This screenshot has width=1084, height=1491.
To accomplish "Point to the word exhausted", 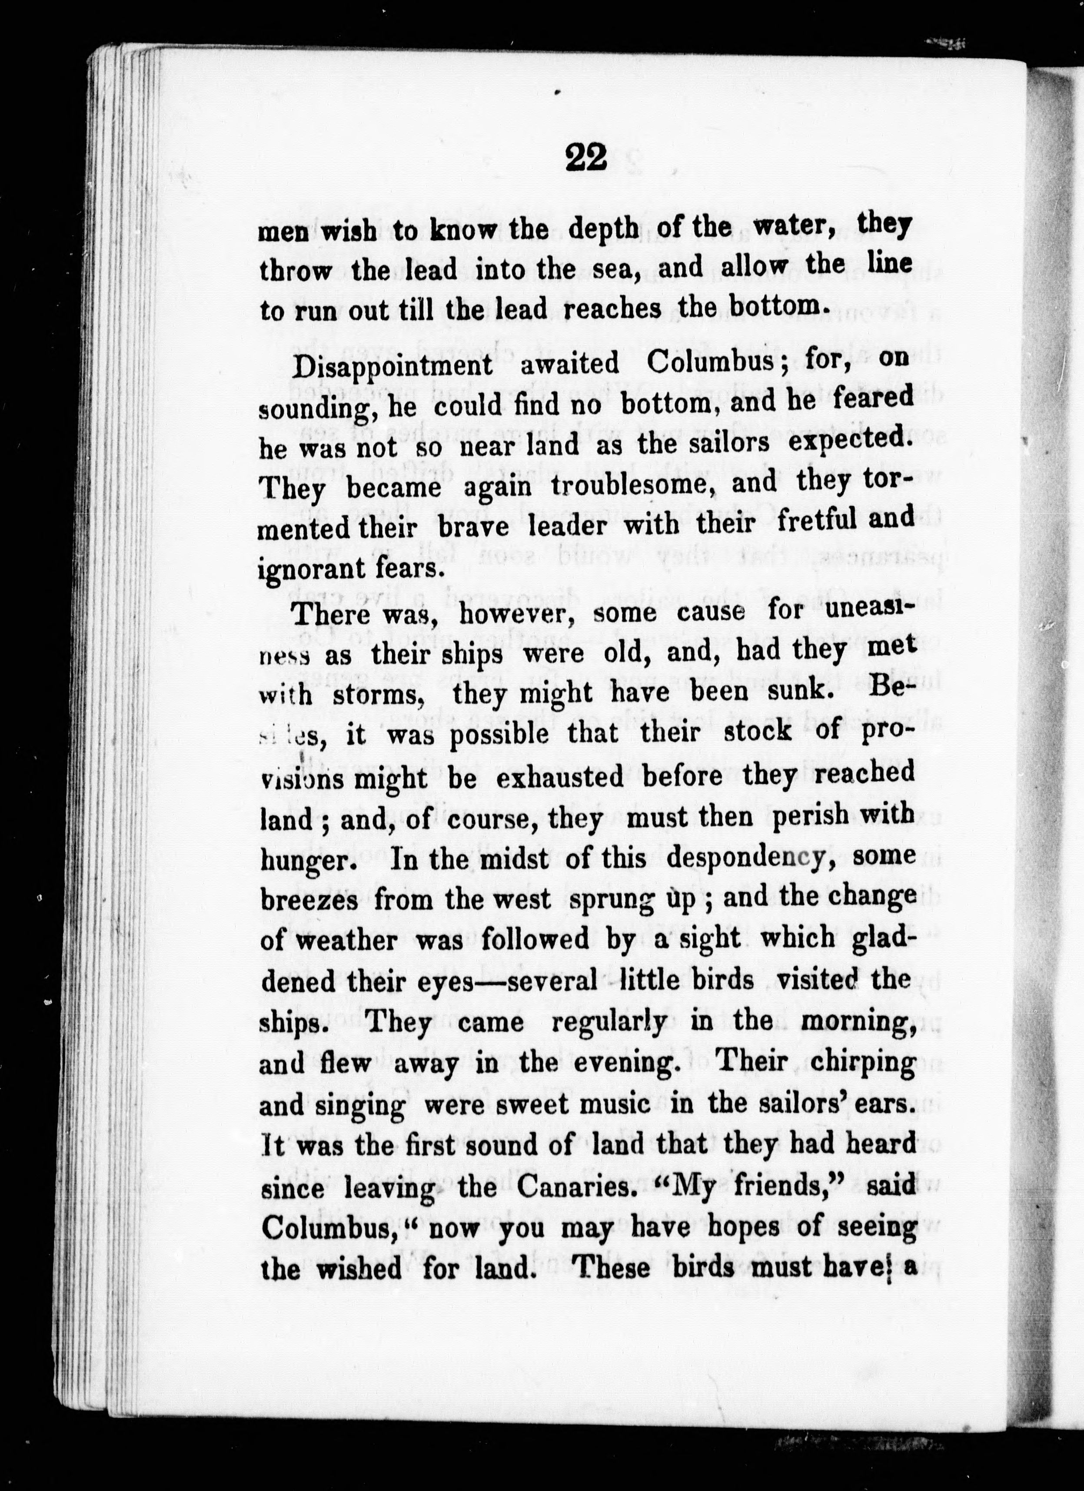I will [559, 778].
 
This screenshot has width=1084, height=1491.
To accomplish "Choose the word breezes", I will [309, 899].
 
